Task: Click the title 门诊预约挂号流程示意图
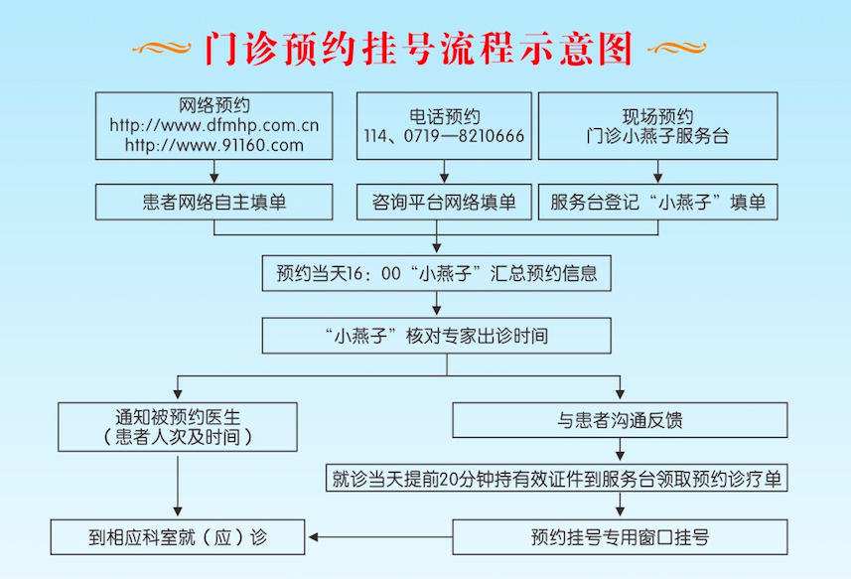[418, 47]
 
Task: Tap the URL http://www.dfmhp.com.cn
[214, 126]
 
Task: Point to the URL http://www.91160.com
[214, 145]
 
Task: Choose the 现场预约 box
[657, 125]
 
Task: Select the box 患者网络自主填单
[214, 202]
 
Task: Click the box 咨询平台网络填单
[444, 202]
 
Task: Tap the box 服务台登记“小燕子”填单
[657, 202]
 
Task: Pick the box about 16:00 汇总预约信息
[437, 272]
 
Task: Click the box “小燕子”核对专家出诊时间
[437, 336]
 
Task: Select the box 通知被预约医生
[177, 426]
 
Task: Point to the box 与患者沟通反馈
[620, 420]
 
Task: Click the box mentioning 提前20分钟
[557, 478]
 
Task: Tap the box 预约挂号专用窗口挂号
[620, 537]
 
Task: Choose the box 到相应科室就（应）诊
[177, 537]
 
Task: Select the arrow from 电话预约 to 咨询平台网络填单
[444, 172]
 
